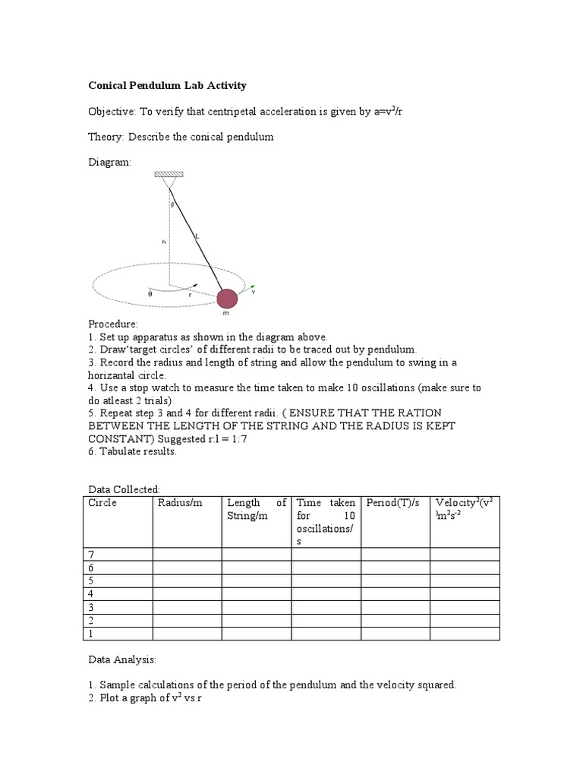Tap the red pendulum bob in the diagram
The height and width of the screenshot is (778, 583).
228,299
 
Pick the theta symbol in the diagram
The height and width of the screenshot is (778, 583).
150,293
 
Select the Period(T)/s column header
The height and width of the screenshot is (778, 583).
392,503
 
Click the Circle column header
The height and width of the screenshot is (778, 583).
102,503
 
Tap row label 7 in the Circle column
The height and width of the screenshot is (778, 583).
91,555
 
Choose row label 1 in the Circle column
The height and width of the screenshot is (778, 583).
91,633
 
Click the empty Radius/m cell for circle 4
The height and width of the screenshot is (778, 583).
187,593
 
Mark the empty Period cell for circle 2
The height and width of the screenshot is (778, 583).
395,620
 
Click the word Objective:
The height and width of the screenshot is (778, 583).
111,111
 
